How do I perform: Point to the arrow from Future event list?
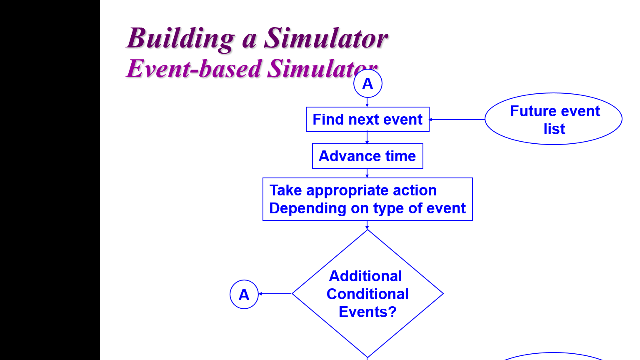[457, 120]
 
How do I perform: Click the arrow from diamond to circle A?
[275, 294]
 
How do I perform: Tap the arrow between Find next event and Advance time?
[367, 138]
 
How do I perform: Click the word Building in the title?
[180, 39]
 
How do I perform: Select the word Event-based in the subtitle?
[194, 69]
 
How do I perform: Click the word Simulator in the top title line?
[326, 38]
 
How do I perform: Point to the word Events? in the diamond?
[368, 312]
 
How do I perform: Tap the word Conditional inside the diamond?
[367, 294]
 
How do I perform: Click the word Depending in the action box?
[308, 208]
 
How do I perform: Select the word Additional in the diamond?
[365, 276]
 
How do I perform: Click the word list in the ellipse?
[554, 129]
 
